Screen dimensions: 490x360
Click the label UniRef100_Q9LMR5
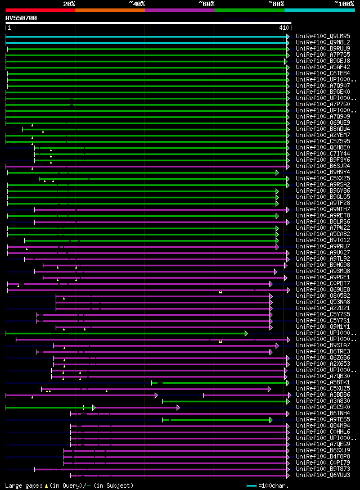tap(322, 36)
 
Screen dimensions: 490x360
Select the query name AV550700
tap(21, 18)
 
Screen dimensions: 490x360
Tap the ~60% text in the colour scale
tap(206, 3)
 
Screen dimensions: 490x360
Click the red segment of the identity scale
tap(40, 10)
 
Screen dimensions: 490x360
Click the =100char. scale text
tap(273, 486)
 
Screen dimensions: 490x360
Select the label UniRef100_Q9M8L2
tap(322, 42)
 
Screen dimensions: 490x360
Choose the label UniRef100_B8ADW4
tap(322, 129)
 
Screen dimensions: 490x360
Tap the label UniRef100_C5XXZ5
tap(322, 178)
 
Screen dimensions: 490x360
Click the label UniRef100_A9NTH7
tap(322, 210)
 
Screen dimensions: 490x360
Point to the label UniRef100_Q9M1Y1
tap(322, 326)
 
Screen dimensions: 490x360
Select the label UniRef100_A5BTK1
tap(322, 382)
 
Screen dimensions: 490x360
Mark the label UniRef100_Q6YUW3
tap(322, 475)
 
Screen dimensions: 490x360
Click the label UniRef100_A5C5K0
tap(322, 407)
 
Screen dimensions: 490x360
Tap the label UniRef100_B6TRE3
tap(322, 351)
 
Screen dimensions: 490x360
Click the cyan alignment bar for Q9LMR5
tap(146, 37)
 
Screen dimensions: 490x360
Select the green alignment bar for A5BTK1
tap(219, 383)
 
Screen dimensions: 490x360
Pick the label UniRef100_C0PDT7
tap(322, 283)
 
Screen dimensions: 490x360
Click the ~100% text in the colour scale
tap(344, 3)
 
